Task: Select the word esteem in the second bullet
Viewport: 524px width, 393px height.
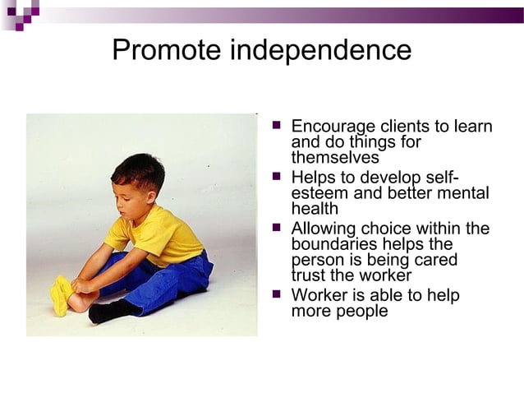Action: point(316,193)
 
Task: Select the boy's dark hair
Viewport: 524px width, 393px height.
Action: point(137,168)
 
